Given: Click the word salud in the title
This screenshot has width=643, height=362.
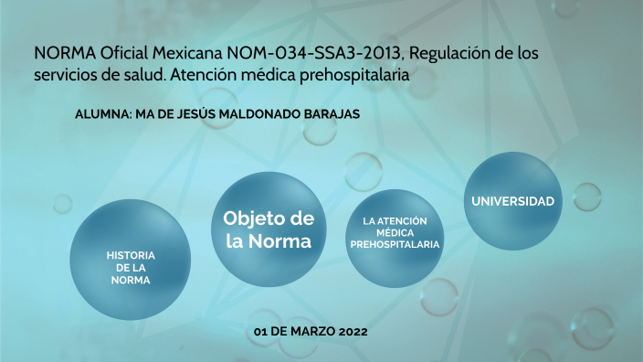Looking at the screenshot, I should (x=142, y=78).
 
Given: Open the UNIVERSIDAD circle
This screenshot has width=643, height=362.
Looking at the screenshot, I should (x=512, y=200).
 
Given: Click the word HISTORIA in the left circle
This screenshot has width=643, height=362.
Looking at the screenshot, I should (x=131, y=254).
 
